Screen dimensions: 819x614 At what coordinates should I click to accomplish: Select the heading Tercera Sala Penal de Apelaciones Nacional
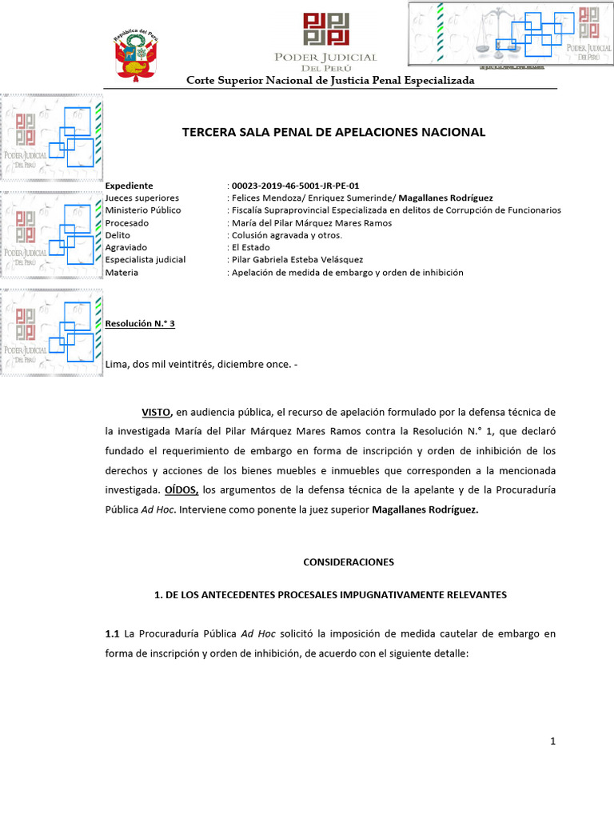point(334,132)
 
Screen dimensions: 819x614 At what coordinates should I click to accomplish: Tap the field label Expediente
point(129,186)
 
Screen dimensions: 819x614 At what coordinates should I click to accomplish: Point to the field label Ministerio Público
point(143,210)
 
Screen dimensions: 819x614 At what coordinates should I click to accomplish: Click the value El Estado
point(249,248)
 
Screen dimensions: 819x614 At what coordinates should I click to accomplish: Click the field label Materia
point(122,273)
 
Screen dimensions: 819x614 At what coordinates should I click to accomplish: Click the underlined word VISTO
point(157,412)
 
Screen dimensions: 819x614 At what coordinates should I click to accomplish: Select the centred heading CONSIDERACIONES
point(349,562)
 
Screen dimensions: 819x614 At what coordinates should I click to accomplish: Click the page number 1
point(552,742)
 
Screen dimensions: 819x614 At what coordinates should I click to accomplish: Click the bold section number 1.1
point(112,633)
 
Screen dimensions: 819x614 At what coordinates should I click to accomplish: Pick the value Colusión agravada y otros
point(286,235)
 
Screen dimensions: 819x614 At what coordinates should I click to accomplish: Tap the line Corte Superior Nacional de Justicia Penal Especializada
point(330,81)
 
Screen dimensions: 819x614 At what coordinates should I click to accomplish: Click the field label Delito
point(118,235)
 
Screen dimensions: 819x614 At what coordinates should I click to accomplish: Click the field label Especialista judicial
point(146,260)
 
